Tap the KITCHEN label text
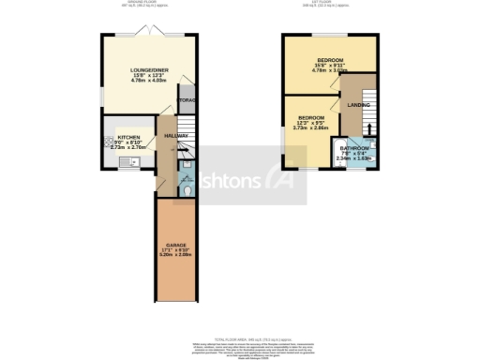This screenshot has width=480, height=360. tap(127, 136)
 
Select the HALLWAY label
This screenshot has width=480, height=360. tap(176, 136)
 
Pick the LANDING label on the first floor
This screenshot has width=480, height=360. tap(358, 105)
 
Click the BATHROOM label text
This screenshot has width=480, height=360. tap(354, 149)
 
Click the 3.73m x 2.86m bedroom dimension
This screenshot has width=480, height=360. tap(310, 127)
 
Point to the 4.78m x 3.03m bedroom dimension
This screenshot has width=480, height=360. tap(329, 70)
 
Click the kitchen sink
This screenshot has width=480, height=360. tap(129, 163)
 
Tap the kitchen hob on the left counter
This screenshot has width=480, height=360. tap(108, 142)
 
